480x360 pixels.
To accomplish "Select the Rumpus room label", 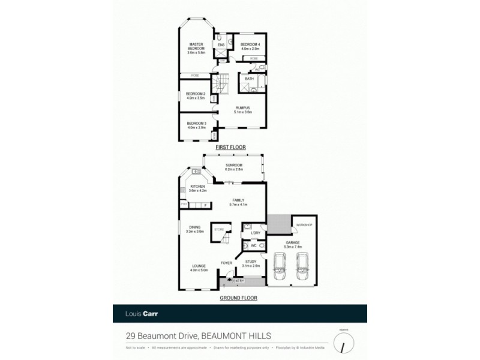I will point(242,109).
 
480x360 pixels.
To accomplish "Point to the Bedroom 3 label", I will point(196,125).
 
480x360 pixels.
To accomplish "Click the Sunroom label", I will point(233,167).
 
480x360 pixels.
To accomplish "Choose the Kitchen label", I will point(198,188).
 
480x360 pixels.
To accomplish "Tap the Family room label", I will point(238,202).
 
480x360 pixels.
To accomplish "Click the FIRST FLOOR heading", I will point(231,147).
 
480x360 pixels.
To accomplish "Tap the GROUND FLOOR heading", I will point(239,298).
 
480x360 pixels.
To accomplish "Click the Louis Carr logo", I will point(138,313).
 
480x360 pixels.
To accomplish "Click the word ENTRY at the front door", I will point(239,281).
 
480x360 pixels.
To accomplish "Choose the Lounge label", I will point(199,268).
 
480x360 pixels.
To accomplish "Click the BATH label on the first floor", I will point(249,79).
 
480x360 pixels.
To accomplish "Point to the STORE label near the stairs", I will point(219,229).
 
